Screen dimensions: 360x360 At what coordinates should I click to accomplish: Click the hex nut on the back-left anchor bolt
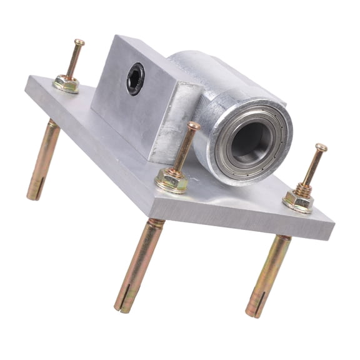pos(66,83)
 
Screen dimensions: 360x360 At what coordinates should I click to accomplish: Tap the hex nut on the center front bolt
pos(171,180)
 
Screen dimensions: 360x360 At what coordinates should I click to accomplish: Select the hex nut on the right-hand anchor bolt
pos(298,200)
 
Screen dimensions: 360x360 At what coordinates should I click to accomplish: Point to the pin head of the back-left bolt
pos(79,43)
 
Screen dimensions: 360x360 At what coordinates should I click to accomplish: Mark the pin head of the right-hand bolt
pos(321,148)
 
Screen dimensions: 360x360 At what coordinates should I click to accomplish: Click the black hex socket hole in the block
pos(135,79)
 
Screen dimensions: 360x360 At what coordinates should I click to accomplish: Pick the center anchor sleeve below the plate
pos(139,262)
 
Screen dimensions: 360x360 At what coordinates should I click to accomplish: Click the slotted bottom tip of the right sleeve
pos(255,310)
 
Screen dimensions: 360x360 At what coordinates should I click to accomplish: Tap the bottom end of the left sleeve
pos(33,194)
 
